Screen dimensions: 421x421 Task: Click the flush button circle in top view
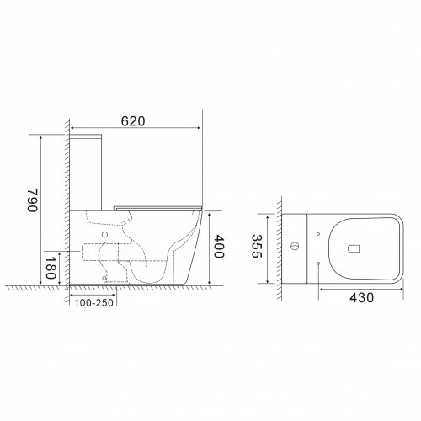point(294,247)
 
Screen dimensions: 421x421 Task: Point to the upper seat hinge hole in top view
point(319,230)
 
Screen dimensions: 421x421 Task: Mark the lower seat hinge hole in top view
point(319,264)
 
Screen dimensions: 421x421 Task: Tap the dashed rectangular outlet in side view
point(106,249)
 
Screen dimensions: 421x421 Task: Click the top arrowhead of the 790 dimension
point(40,136)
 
